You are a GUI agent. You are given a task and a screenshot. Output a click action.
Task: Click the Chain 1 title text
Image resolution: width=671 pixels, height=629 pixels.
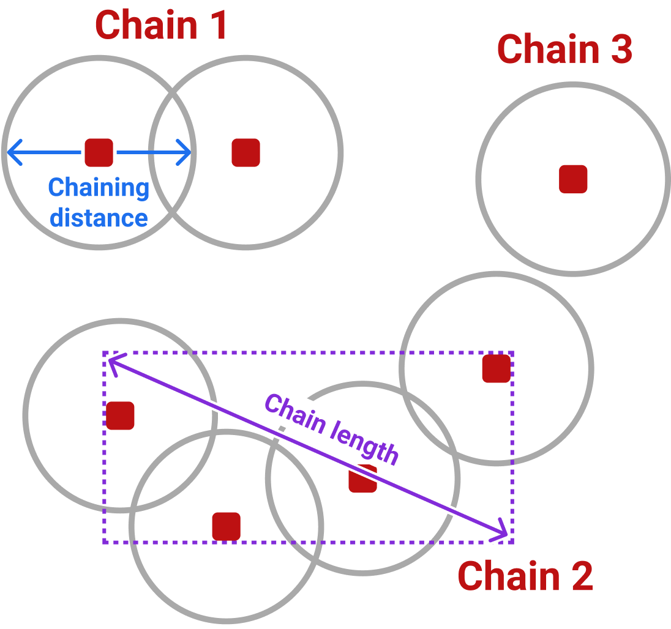(x=162, y=25)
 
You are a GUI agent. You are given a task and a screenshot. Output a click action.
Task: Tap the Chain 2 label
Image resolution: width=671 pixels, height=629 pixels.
(x=525, y=576)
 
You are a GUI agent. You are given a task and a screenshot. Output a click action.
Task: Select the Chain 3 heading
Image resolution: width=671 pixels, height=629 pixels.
(x=564, y=50)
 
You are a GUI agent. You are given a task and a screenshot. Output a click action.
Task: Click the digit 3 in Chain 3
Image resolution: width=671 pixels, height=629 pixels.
(x=620, y=50)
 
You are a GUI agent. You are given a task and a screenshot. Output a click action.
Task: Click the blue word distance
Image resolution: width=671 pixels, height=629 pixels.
(x=99, y=218)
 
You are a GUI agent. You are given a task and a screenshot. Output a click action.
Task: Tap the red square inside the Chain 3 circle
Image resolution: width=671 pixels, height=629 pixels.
(x=573, y=179)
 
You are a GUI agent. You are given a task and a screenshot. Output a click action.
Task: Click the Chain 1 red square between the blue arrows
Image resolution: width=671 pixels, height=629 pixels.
(x=99, y=152)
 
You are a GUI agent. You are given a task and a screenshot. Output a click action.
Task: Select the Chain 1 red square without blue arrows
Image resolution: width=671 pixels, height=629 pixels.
(x=246, y=152)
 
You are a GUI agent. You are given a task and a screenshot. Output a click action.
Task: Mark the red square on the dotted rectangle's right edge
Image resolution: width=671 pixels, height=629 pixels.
(x=496, y=368)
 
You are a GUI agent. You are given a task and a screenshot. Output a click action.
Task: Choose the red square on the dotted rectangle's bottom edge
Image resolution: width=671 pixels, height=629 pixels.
(x=226, y=526)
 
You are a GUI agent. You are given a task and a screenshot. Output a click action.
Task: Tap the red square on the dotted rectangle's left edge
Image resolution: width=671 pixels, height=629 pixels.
(x=120, y=415)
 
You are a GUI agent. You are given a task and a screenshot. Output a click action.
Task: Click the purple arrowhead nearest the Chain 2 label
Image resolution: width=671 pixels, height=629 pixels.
(x=502, y=532)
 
